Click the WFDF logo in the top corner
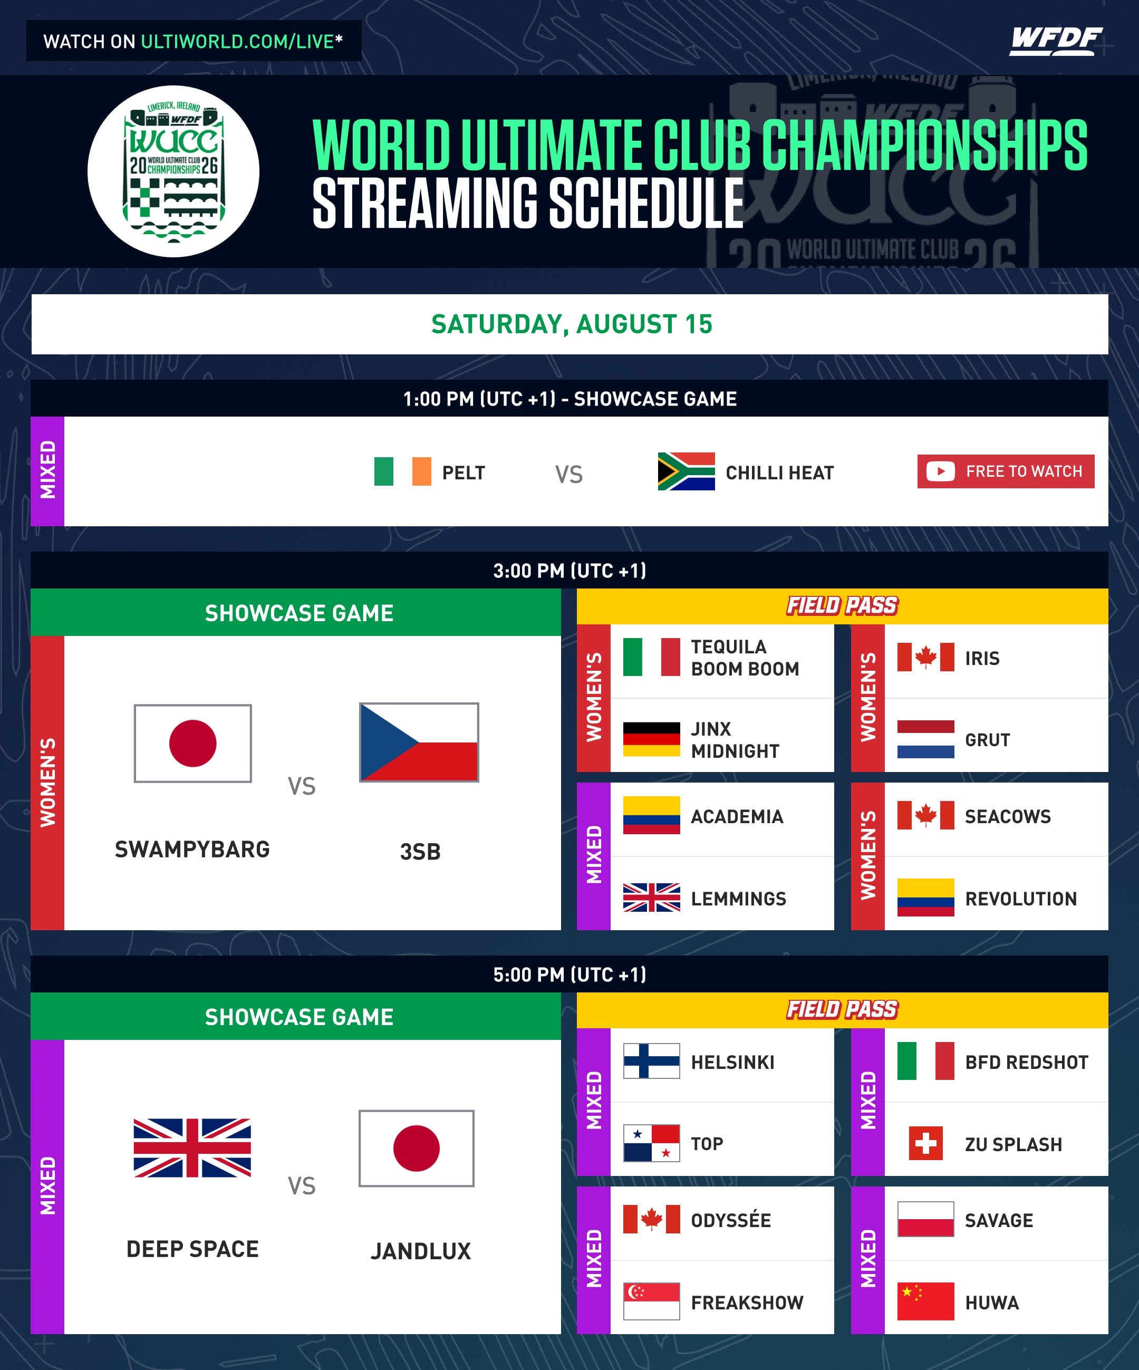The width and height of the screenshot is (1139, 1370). [1056, 41]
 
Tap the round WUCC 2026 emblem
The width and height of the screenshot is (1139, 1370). [173, 171]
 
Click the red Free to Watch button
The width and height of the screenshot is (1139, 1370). [1005, 471]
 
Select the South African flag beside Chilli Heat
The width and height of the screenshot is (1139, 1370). [686, 471]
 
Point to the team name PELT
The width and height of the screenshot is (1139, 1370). [463, 472]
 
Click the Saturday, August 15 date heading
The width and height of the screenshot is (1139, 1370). [572, 324]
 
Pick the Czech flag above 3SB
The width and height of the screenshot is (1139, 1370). [419, 742]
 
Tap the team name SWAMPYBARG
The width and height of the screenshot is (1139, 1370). [192, 849]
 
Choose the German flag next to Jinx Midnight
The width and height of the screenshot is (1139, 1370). [651, 739]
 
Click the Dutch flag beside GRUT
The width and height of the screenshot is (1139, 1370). [925, 739]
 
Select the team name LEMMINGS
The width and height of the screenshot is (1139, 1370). [738, 899]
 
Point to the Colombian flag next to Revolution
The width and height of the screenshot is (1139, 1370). [925, 897]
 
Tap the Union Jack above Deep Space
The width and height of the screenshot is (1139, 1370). [192, 1147]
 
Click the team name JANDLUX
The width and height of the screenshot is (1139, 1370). [421, 1251]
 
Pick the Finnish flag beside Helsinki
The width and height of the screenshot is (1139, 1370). [651, 1061]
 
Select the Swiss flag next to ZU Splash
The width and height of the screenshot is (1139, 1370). [925, 1143]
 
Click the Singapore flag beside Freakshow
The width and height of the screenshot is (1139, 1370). [651, 1301]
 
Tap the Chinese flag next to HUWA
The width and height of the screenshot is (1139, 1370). [925, 1301]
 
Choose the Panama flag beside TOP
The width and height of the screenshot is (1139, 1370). [651, 1143]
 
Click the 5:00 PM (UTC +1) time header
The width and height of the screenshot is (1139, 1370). [569, 975]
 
